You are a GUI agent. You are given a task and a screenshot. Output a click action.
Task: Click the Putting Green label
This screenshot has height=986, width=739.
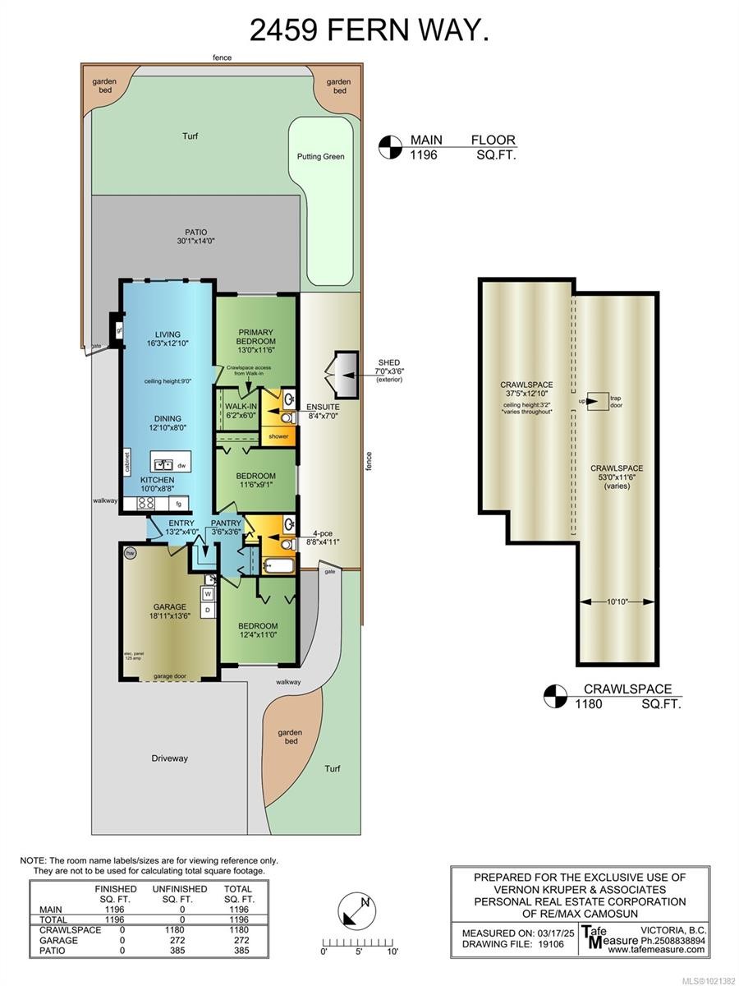coord(321,156)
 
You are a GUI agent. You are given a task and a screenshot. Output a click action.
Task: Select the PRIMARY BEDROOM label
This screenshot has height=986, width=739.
coord(256,335)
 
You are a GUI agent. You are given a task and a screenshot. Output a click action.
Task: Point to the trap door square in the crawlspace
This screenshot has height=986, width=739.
coord(598,402)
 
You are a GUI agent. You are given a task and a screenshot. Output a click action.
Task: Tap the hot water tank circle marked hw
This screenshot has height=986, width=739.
coord(130,554)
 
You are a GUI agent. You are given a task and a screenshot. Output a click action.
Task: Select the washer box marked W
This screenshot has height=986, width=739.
coord(209,593)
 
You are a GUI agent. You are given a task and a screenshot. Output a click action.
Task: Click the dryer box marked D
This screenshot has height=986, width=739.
coord(209,610)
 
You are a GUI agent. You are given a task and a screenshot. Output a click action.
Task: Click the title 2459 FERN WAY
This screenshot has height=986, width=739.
coord(369,31)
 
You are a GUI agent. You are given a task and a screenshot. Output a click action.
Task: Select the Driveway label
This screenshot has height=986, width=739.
coord(169,758)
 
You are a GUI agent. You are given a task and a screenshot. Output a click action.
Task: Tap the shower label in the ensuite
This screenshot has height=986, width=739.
coord(279,436)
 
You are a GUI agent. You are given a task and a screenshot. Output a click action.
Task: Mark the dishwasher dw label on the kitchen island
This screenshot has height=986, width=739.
coord(181,465)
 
